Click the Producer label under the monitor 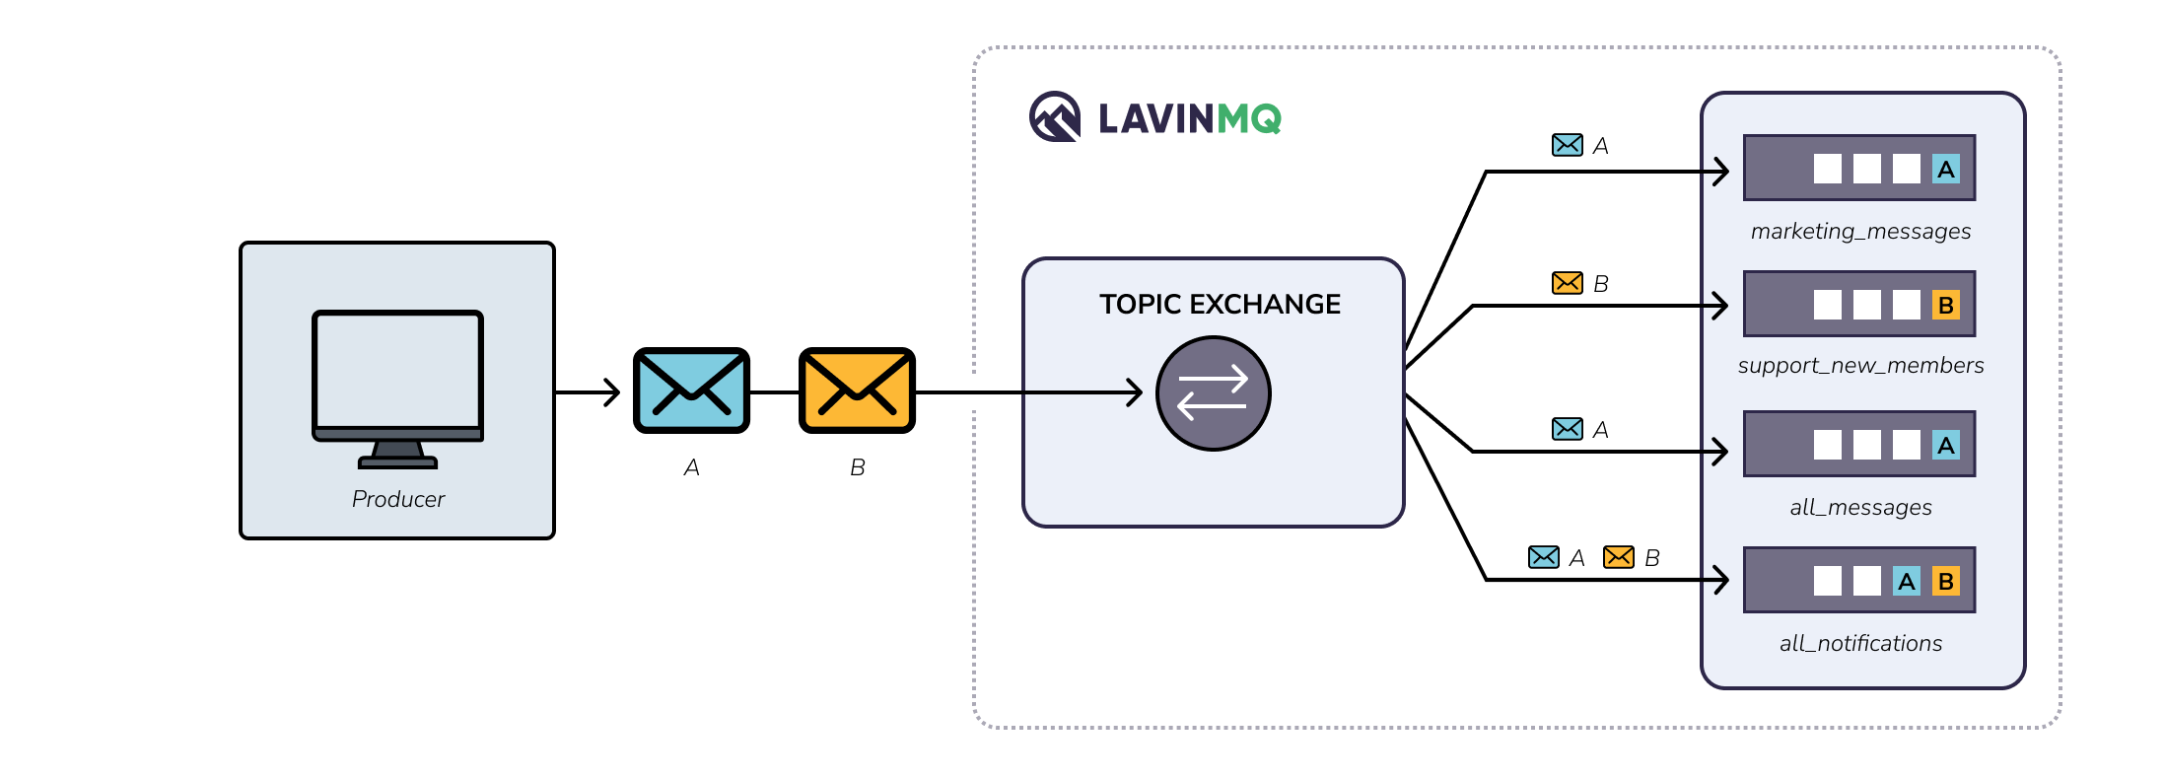coord(397,499)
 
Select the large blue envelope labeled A coord(691,390)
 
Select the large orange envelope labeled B coord(857,390)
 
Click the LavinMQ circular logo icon coord(1055,117)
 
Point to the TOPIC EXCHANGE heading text coord(1220,304)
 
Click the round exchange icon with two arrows coord(1213,393)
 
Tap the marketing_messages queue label coord(1860,232)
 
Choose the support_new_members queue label coord(1860,366)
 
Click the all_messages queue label coord(1860,508)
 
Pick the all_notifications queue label coord(1860,644)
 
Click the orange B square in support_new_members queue coord(1945,306)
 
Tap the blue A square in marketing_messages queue coord(1945,170)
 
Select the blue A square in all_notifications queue coord(1906,582)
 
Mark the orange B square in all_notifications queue coord(1945,582)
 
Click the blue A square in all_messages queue coord(1945,446)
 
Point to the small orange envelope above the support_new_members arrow coord(1567,283)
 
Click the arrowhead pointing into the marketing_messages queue coord(1721,172)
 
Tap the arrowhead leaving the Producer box coord(613,392)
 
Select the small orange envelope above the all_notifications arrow coord(1618,557)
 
